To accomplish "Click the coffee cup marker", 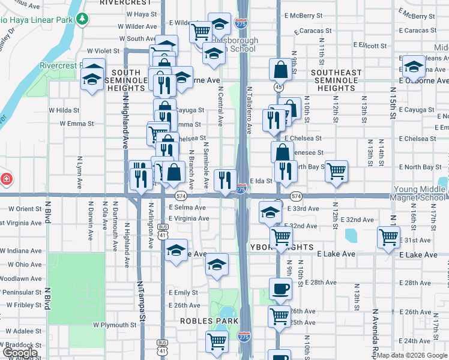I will coord(280,289).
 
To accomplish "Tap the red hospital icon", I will coord(5,179).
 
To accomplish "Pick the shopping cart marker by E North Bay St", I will coord(337,172).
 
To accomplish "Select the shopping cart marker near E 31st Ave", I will coord(388,237).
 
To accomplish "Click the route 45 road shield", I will coord(279,87).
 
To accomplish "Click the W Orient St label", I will coord(25,209).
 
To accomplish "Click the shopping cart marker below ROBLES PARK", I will coord(217,342).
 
